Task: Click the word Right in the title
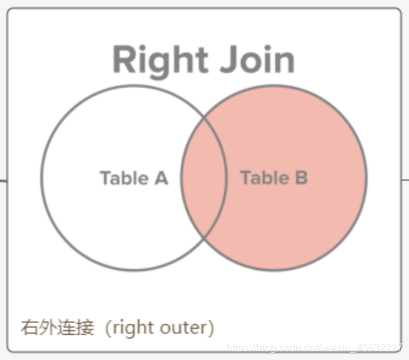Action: click(x=159, y=60)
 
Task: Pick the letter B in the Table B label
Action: click(x=300, y=178)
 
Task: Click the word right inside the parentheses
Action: click(x=134, y=328)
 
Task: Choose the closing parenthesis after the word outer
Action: click(x=211, y=328)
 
